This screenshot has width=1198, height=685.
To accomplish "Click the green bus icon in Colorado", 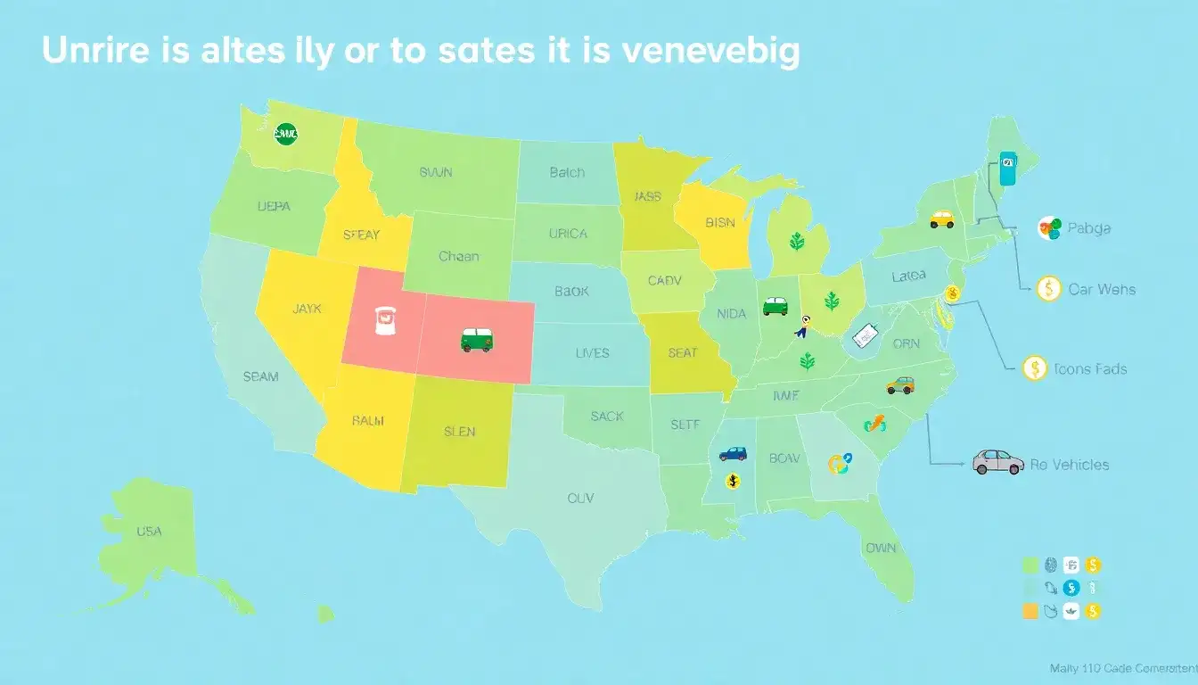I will coord(477,340).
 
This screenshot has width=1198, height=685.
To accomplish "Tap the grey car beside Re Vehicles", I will coord(998,461).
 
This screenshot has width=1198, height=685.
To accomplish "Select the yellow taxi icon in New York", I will coord(941,219).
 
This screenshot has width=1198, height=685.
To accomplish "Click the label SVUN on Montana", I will coord(437,173).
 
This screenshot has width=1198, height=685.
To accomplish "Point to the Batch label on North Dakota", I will coord(567,172).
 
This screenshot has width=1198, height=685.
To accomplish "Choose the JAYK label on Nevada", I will coord(307,309).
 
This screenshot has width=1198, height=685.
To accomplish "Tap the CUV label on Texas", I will coord(580,499).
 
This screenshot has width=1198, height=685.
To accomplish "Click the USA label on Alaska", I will coord(149,532).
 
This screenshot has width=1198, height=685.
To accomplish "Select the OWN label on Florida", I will coord(881,549).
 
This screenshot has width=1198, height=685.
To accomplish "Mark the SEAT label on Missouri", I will coord(683,353).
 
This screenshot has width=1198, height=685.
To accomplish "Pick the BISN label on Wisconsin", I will coord(720,223).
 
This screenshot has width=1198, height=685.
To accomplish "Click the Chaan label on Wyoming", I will coord(459,256).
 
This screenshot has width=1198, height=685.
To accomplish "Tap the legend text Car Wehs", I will coord(1103,289).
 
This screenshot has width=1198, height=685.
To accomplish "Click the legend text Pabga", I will coord(1088,228).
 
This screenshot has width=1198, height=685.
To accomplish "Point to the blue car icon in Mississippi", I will coord(733,453).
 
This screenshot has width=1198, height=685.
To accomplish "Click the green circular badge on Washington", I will coord(286,135).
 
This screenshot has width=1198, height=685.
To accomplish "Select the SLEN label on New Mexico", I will coord(459,432).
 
